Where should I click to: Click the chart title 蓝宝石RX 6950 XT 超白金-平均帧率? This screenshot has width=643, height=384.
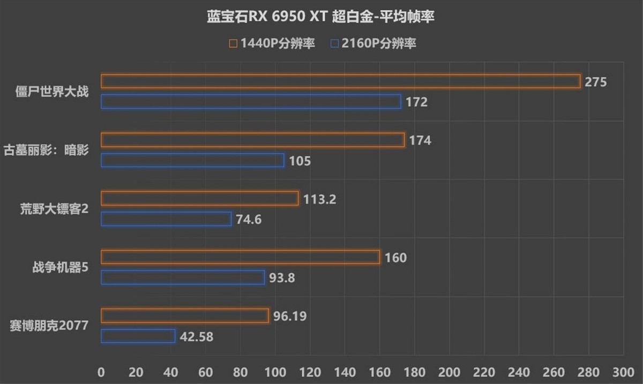click(x=320, y=17)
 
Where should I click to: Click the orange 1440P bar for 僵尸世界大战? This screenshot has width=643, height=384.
click(x=340, y=81)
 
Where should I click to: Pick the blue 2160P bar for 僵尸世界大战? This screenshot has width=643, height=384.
click(x=251, y=102)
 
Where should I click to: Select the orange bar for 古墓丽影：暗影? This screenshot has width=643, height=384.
click(x=252, y=140)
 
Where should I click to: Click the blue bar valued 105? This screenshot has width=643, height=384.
click(x=192, y=161)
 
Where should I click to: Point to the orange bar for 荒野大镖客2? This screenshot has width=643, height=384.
click(x=199, y=199)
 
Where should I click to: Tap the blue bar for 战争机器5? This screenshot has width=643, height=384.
click(x=183, y=277)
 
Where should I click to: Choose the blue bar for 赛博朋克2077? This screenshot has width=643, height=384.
click(x=138, y=336)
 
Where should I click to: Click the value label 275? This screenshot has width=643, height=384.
click(x=595, y=82)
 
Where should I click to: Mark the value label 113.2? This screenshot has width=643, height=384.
click(x=319, y=200)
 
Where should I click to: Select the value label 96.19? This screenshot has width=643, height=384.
click(x=290, y=317)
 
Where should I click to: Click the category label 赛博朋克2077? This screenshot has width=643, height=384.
click(x=49, y=326)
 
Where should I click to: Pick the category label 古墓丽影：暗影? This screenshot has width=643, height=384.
click(x=46, y=149)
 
